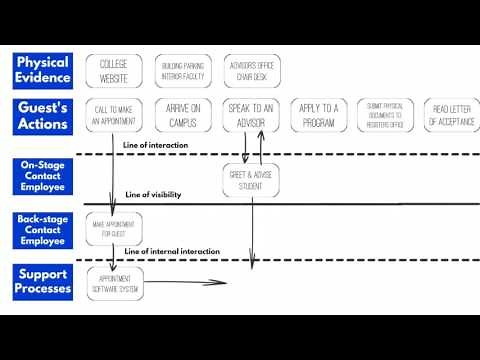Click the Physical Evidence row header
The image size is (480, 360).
click(x=42, y=70)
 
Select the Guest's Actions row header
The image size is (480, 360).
click(x=42, y=115)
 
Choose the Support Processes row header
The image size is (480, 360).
click(x=42, y=281)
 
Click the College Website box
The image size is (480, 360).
click(x=113, y=70)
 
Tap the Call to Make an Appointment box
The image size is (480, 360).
click(x=113, y=116)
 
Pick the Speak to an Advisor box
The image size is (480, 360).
click(x=250, y=116)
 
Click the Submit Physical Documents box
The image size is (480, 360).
click(x=386, y=116)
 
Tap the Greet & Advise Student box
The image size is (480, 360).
click(x=251, y=180)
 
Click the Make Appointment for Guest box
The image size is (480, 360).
click(x=114, y=228)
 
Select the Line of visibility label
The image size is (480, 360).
click(x=153, y=195)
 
